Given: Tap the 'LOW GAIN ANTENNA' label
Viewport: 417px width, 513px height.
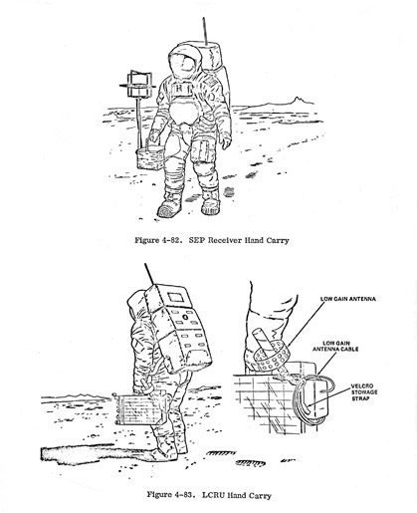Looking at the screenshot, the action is point(348,299).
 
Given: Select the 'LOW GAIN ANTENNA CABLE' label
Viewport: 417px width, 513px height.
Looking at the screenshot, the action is point(335,346).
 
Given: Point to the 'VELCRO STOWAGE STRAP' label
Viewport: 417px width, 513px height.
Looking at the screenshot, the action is point(364,392).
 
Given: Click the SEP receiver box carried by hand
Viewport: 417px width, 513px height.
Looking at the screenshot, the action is point(150,158).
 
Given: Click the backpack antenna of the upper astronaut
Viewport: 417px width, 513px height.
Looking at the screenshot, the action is point(205,31).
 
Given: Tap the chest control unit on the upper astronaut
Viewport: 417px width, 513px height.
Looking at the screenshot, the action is point(182,90).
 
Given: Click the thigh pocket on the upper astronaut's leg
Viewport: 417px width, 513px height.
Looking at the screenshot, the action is point(201,151).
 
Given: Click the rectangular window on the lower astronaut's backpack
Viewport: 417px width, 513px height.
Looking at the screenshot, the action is point(175,297).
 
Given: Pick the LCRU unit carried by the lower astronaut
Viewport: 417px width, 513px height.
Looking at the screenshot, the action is point(140,409).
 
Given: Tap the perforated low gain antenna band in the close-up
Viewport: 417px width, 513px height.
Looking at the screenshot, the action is point(271,357).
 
